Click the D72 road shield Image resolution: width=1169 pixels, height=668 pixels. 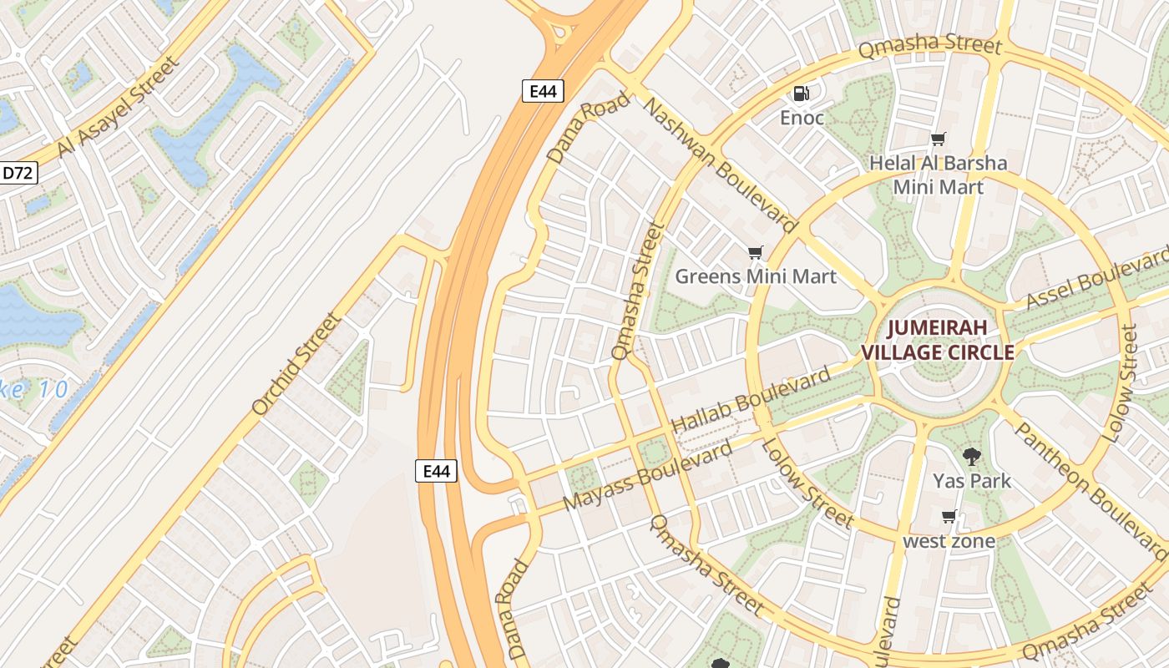tap(18, 173)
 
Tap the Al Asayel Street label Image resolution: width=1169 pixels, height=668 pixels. tap(118, 107)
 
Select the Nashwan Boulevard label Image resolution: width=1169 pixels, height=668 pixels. tap(720, 164)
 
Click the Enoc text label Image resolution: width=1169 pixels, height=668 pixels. tap(802, 118)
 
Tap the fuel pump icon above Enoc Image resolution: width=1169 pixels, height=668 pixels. tap(802, 94)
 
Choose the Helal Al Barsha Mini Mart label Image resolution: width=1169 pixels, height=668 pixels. tap(939, 175)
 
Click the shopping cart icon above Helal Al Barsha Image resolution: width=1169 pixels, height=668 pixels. tap(939, 139)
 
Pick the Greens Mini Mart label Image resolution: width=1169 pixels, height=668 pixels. tap(756, 276)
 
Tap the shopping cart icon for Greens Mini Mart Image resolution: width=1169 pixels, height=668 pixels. tap(756, 252)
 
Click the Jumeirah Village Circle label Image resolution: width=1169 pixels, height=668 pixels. tap(937, 340)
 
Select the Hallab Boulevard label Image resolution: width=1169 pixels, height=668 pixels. tap(751, 399)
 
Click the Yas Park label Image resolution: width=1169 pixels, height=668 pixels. tap(972, 481)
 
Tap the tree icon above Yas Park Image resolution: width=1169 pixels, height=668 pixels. tap(971, 456)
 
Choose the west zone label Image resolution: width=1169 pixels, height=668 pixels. tap(949, 541)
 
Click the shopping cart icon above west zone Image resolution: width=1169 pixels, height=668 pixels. tap(949, 516)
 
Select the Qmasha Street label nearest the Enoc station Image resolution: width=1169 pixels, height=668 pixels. tap(929, 45)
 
